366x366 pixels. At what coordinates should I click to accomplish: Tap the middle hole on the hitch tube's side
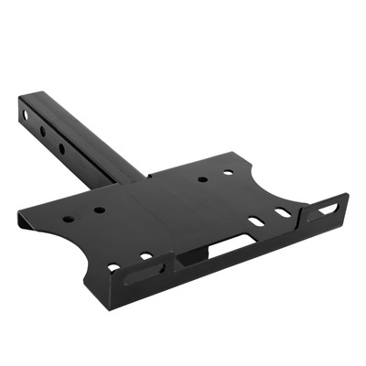coord(43,131)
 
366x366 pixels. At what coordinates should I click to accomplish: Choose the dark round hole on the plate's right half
coord(202,179)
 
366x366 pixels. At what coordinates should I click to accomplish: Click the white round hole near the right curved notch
coord(228,172)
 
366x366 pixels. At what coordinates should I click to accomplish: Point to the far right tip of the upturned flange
coord(347,196)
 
